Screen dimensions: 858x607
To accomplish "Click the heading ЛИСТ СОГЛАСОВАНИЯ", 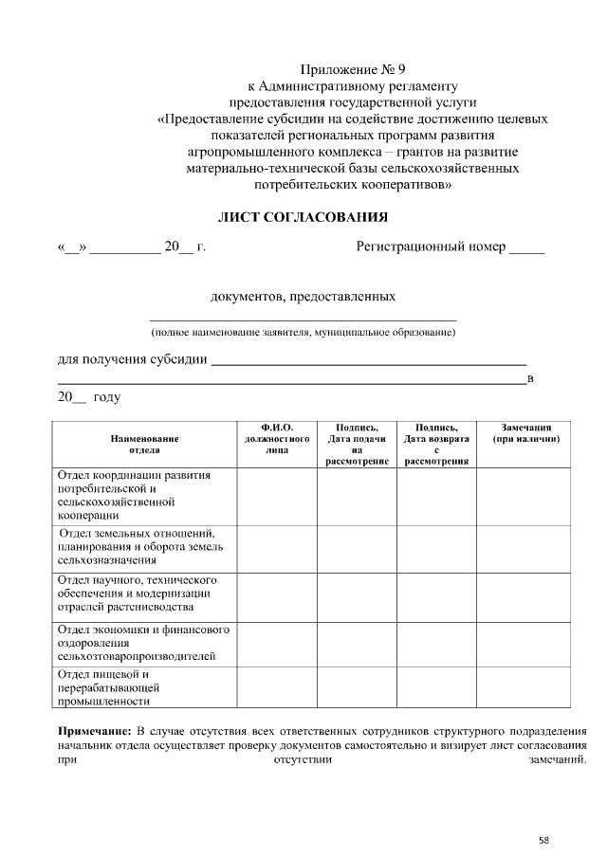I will tap(303, 217).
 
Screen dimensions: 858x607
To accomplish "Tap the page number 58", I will tap(543, 839).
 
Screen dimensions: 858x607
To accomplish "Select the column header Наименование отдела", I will tap(144, 445).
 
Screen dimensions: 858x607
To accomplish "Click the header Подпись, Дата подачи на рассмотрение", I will tap(357, 445).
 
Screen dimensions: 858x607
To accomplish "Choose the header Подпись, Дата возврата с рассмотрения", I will tap(436, 445).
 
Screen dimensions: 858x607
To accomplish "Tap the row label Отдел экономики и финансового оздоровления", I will tap(142, 642).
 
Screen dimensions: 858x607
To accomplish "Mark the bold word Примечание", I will tap(95, 732).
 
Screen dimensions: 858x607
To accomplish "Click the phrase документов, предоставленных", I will tap(303, 298).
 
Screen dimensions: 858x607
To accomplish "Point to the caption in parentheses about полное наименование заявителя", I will tap(303, 333).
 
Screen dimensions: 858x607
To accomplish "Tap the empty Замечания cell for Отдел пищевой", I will tap(524, 687).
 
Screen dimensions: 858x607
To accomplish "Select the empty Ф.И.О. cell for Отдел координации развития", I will tap(277, 495).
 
